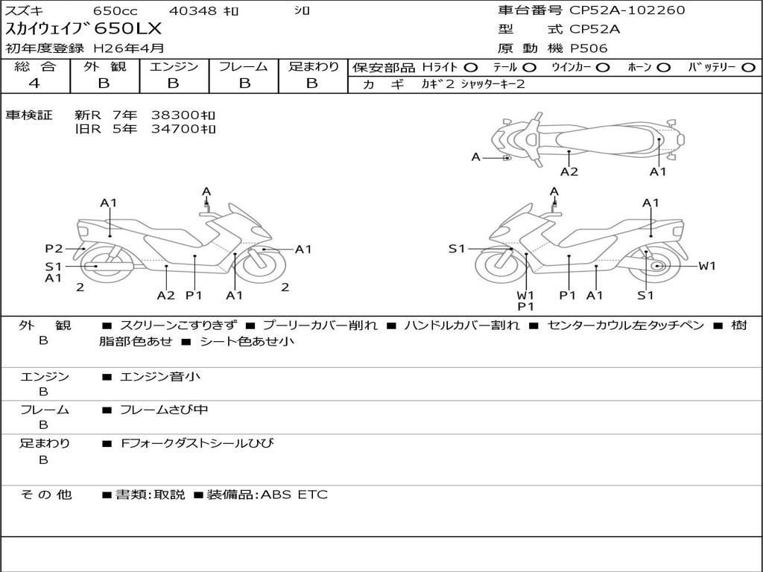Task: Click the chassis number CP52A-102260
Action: click(627, 10)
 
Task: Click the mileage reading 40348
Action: click(193, 11)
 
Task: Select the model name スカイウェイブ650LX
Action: click(83, 30)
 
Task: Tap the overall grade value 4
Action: click(34, 83)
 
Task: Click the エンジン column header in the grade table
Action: click(174, 67)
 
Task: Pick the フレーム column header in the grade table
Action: click(244, 67)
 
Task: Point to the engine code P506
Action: click(589, 48)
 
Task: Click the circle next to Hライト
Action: click(471, 67)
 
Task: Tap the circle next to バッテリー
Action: click(748, 67)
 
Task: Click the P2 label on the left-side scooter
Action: click(53, 249)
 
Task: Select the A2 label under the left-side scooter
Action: click(165, 295)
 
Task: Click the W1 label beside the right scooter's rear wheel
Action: click(706, 266)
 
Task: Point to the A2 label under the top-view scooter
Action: click(569, 171)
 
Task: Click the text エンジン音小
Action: click(160, 377)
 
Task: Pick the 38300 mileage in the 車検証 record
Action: click(183, 115)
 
